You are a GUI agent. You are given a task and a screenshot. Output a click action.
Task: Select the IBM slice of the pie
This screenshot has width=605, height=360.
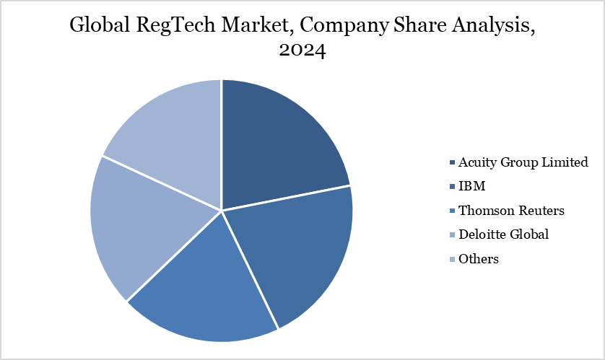296,253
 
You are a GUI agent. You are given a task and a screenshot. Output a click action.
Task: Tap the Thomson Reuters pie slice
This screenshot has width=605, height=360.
206,289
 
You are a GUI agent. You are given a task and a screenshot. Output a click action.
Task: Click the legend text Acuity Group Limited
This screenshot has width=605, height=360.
523,162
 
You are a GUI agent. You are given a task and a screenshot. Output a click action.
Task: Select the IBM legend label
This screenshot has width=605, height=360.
472,186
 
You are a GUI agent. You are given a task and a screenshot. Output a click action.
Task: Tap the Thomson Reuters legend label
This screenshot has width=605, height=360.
512,211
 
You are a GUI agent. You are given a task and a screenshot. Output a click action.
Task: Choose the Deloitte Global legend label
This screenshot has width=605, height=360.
503,234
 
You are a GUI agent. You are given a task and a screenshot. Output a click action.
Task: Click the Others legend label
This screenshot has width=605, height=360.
479,258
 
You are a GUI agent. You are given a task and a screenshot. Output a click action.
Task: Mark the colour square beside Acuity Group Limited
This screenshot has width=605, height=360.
452,162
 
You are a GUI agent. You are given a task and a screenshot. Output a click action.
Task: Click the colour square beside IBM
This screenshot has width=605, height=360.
452,187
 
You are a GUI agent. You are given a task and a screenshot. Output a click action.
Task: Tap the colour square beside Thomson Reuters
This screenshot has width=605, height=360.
452,211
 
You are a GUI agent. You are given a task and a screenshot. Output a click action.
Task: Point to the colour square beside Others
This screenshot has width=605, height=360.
452,259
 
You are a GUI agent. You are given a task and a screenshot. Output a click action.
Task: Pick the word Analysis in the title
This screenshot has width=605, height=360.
489,26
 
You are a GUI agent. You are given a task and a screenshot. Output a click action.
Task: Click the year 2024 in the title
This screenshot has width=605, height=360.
302,52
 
